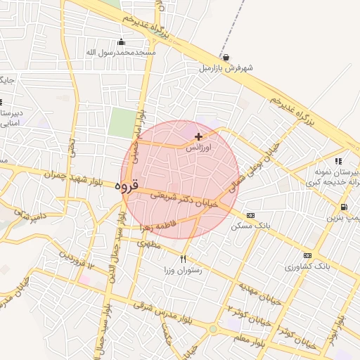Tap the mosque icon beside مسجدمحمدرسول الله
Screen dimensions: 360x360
(x=122, y=41)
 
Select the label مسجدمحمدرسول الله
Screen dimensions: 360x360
(x=121, y=52)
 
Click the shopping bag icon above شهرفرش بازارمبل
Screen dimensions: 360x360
(x=225, y=58)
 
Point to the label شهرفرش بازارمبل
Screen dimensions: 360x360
(x=225, y=68)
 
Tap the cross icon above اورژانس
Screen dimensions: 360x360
(x=198, y=136)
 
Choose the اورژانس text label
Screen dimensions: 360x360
(x=198, y=148)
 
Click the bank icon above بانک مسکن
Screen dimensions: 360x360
(x=250, y=214)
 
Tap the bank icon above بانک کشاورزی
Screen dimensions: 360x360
(x=307, y=255)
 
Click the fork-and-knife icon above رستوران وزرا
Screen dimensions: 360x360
(x=184, y=259)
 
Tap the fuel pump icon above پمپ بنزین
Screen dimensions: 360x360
(x=343, y=207)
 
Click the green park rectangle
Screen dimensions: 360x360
(x=122, y=124)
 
